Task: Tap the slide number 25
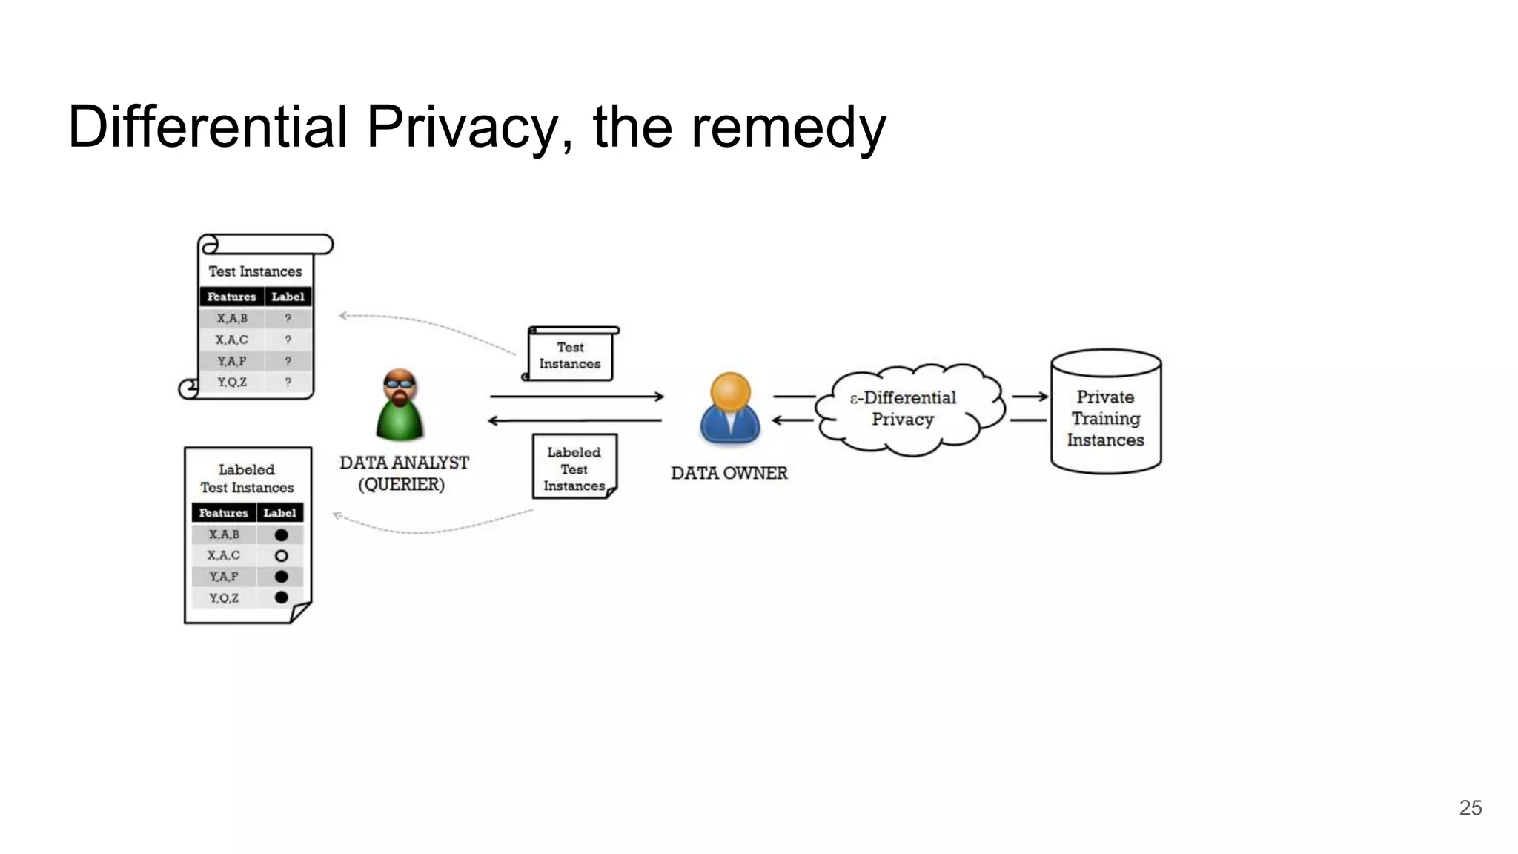pyautogui.click(x=1470, y=807)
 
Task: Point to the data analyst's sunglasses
pyautogui.click(x=400, y=383)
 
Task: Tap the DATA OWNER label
pyautogui.click(x=729, y=473)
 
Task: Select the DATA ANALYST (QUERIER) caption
pyautogui.click(x=403, y=473)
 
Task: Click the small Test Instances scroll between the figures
pyautogui.click(x=570, y=355)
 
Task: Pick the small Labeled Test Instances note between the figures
pyautogui.click(x=574, y=468)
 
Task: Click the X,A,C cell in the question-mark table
pyautogui.click(x=231, y=340)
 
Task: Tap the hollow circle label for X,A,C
pyautogui.click(x=281, y=555)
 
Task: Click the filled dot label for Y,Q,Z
pyautogui.click(x=281, y=598)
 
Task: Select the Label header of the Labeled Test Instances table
pyautogui.click(x=279, y=513)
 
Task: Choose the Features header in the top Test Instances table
pyautogui.click(x=231, y=297)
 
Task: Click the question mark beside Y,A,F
pyautogui.click(x=288, y=361)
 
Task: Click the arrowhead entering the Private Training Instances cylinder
pyautogui.click(x=1043, y=397)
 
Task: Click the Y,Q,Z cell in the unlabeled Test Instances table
pyautogui.click(x=231, y=382)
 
